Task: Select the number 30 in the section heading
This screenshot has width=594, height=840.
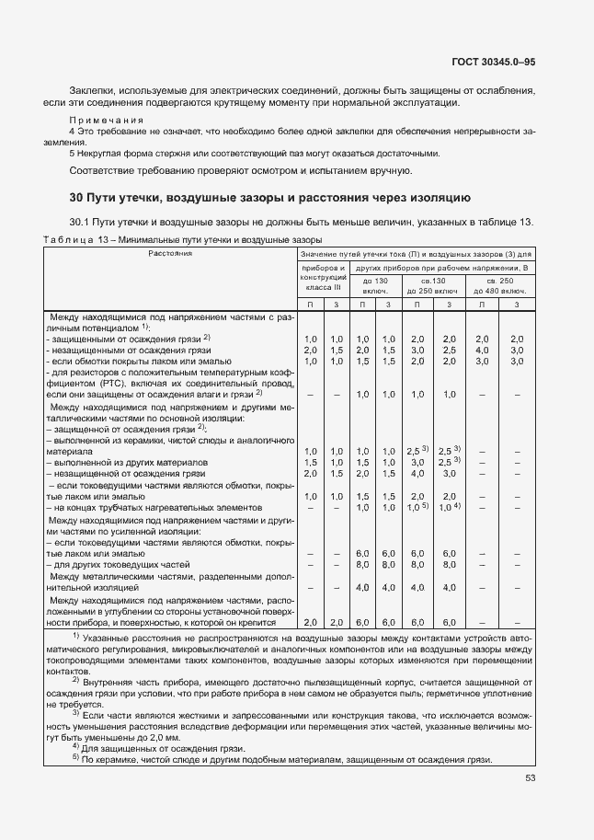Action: point(77,197)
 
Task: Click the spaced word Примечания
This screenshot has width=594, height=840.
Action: point(107,121)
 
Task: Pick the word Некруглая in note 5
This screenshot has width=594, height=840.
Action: point(103,153)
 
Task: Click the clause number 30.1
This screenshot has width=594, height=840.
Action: point(80,222)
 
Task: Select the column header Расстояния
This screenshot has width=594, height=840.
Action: point(166,252)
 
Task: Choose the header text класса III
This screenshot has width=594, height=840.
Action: point(323,287)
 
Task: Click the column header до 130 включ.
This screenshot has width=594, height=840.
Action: point(375,284)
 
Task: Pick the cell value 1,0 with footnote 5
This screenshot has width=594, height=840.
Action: point(417,507)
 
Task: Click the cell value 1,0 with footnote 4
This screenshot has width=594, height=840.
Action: point(449,507)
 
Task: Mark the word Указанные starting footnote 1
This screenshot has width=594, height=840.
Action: point(111,637)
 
